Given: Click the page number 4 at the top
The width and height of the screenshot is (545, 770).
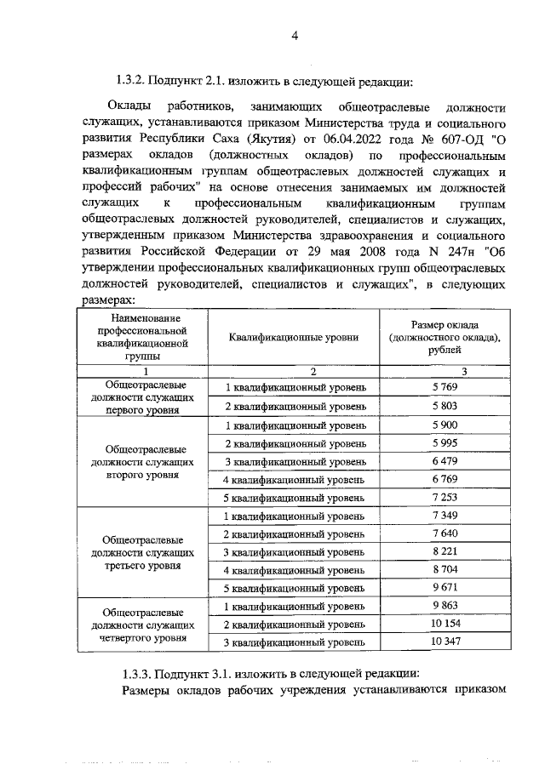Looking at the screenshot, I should point(295,35).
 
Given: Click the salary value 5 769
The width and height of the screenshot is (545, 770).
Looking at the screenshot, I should point(445,387).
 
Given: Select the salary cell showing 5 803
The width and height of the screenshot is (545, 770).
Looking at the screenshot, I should point(445,406).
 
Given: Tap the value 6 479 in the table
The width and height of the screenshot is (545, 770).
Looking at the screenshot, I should point(445,460).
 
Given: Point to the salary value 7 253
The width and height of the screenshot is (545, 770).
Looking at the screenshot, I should point(445,497).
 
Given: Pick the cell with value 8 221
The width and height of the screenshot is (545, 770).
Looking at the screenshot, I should point(445,551).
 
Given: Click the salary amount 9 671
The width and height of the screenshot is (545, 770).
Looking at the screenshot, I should point(445,587).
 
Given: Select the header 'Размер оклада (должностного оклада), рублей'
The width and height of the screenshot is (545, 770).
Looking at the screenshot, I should point(444,337).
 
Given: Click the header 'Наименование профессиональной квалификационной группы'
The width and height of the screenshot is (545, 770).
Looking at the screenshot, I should point(141,337).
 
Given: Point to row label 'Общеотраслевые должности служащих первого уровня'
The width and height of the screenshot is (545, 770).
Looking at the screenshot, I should point(141,396).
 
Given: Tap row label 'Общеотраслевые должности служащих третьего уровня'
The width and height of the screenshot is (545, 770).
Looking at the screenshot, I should point(141,551).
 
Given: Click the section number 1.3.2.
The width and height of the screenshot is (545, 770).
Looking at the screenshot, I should point(130,83).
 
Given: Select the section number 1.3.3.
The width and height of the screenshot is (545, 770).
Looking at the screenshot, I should point(137,671).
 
